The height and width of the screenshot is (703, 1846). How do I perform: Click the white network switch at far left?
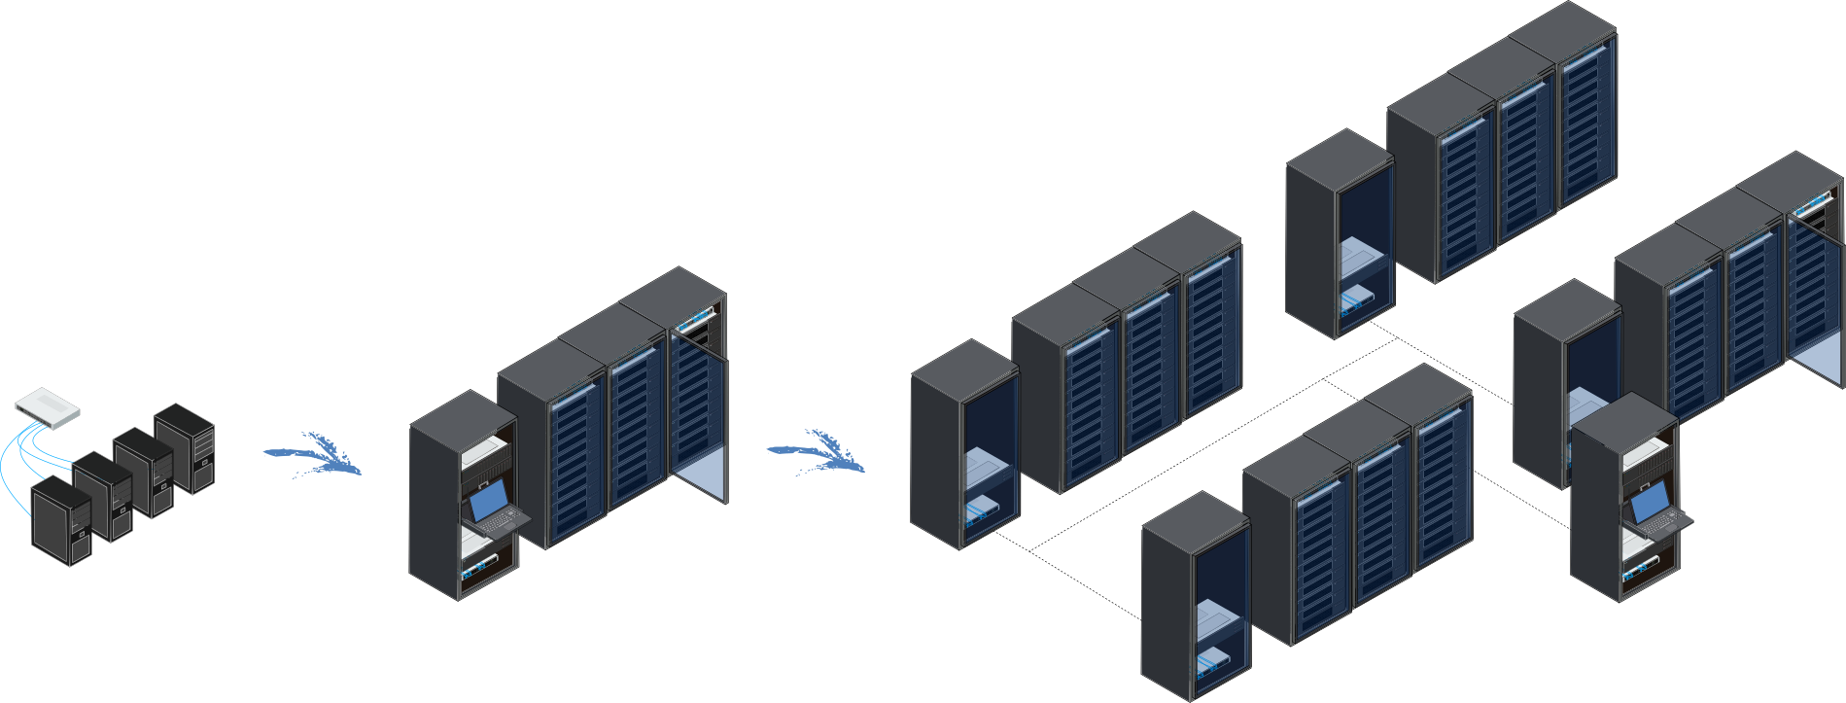click(48, 407)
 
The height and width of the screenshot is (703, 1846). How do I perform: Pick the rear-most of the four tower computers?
click(184, 448)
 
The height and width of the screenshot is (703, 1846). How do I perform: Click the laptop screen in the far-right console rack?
click(1649, 504)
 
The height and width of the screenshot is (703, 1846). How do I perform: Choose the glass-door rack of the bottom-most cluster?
click(1219, 613)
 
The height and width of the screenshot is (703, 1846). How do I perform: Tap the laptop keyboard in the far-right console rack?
click(1665, 526)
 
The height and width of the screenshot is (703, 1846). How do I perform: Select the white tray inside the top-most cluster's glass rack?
click(1362, 258)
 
